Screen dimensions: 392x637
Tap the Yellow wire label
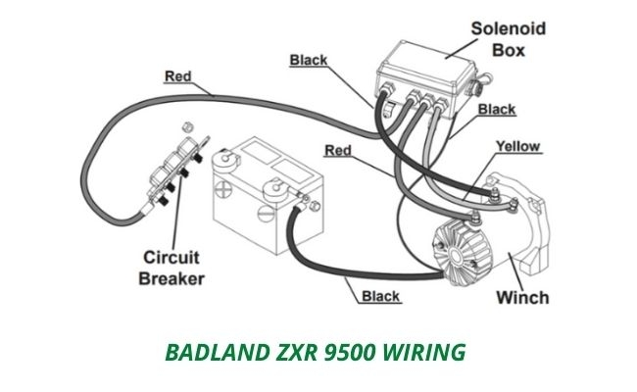[x=517, y=147]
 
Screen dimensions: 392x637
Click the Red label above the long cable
[x=177, y=75]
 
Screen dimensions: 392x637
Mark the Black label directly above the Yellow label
[x=498, y=109]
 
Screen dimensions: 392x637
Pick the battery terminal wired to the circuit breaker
[x=223, y=157]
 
